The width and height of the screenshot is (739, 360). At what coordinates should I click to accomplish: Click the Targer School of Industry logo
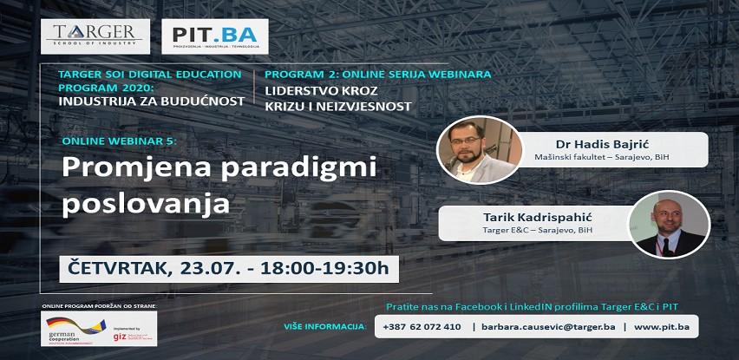pyautogui.click(x=95, y=36)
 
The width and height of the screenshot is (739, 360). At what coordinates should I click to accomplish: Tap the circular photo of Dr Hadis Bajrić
pyautogui.click(x=480, y=148)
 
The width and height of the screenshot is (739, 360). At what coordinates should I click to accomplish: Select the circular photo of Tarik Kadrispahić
pyautogui.click(x=669, y=224)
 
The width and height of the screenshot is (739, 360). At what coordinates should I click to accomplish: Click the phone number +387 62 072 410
pyautogui.click(x=422, y=326)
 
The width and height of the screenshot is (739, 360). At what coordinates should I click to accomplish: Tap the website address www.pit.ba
pyautogui.click(x=662, y=326)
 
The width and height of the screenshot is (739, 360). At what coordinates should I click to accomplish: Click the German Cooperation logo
pyautogui.click(x=75, y=328)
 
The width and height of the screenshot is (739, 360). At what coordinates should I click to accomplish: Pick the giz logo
pyautogui.click(x=131, y=334)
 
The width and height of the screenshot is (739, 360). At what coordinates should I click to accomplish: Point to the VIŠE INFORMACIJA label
pyautogui.click(x=324, y=327)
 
